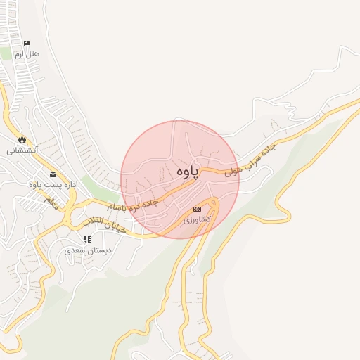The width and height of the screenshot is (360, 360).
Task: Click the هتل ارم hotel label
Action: (x=31, y=53)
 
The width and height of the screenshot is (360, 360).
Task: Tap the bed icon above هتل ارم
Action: (x=27, y=44)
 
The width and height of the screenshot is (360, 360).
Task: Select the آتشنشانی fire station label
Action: (x=22, y=150)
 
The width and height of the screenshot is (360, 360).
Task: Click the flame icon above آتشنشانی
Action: (x=22, y=139)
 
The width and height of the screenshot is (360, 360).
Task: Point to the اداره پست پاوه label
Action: (x=51, y=185)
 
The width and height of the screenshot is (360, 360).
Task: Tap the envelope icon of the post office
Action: (x=53, y=174)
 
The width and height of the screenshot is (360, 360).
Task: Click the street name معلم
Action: (x=50, y=202)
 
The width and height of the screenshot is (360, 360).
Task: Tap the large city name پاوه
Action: (x=187, y=172)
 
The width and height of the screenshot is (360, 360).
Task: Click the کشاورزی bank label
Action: (x=197, y=220)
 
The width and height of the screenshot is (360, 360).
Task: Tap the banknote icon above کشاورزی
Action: (x=198, y=209)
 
